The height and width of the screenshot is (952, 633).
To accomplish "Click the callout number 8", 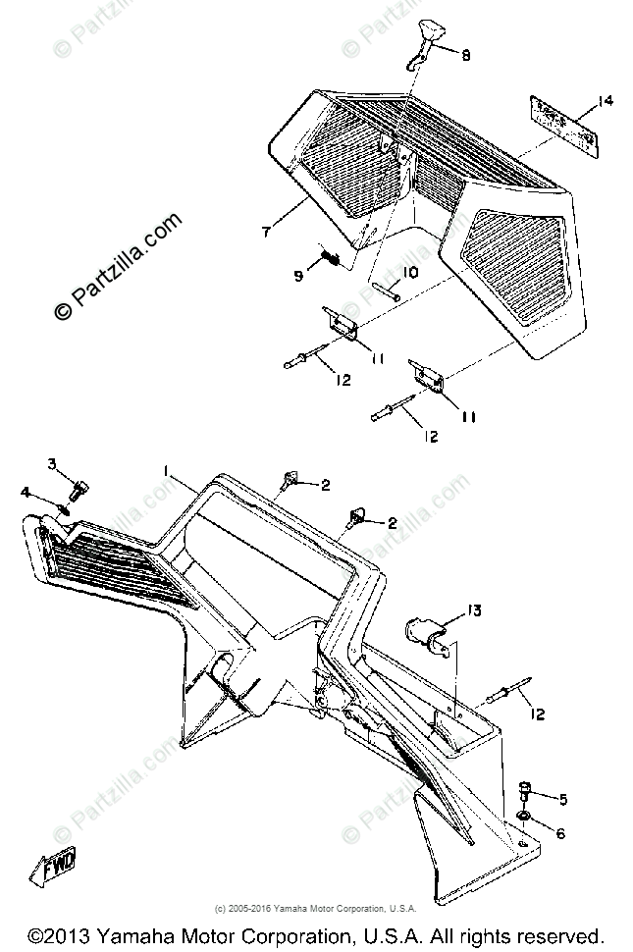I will [x=465, y=56].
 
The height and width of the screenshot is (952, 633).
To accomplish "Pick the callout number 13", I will [x=474, y=611].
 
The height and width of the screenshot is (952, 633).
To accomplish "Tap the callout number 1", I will [x=169, y=472].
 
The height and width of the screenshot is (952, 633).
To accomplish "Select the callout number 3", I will [x=54, y=464].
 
